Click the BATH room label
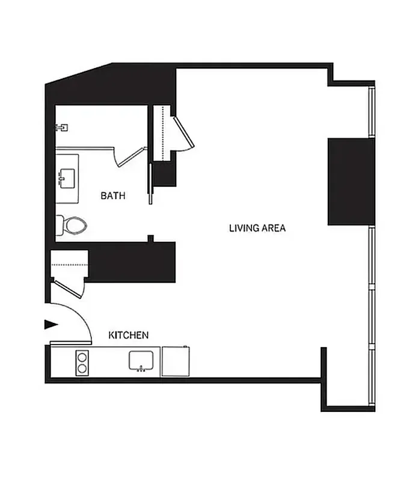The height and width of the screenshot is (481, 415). [113, 195]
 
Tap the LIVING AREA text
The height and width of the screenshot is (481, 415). [257, 228]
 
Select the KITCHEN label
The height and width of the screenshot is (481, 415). [128, 335]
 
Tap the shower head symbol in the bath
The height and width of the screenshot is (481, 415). [61, 127]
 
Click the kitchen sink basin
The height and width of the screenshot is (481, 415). [143, 361]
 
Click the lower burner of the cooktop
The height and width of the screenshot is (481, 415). [83, 369]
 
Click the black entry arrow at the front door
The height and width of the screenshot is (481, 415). [51, 325]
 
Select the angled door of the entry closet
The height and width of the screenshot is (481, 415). [68, 287]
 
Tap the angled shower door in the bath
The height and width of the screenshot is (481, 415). [131, 155]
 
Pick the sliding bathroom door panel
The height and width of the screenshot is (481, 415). [150, 183]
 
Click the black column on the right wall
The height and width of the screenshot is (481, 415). [351, 181]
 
